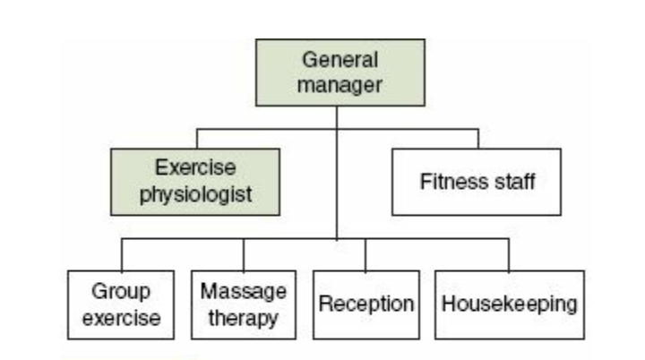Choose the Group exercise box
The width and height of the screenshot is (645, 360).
(121, 304)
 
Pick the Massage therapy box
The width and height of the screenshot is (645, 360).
(243, 304)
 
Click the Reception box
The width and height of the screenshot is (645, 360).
(365, 304)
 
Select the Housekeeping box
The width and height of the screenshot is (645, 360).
(509, 304)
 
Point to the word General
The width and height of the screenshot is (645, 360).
(340, 60)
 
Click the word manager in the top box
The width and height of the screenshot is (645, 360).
(340, 85)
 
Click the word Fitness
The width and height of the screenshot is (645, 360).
(447, 182)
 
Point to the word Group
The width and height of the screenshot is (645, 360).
(121, 291)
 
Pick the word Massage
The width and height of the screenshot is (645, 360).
(243, 291)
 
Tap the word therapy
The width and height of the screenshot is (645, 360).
(243, 316)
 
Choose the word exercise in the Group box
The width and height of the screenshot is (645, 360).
(121, 316)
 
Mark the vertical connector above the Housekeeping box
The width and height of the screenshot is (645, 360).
(509, 254)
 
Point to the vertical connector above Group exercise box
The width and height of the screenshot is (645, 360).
(121, 254)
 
